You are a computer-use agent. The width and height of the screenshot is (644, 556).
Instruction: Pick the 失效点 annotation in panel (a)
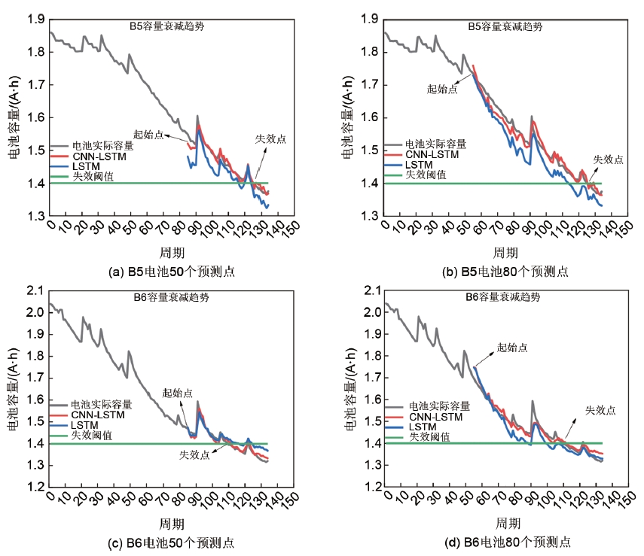coord(271,139)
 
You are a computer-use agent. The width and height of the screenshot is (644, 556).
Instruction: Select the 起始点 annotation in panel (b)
coord(442,89)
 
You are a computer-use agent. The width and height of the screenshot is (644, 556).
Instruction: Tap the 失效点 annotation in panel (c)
coord(194,455)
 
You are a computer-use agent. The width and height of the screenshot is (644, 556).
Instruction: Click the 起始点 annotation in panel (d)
coord(512,348)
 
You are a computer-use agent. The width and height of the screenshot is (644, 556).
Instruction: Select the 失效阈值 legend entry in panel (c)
coord(92,435)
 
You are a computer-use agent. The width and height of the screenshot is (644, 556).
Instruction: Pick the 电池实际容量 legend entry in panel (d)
coord(438,406)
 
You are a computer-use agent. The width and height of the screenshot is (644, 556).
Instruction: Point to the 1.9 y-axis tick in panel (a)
coord(35,19)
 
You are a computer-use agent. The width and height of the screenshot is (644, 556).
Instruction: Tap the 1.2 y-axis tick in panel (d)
coord(370,488)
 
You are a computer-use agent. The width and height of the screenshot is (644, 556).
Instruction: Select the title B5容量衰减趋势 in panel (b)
coord(505,26)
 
